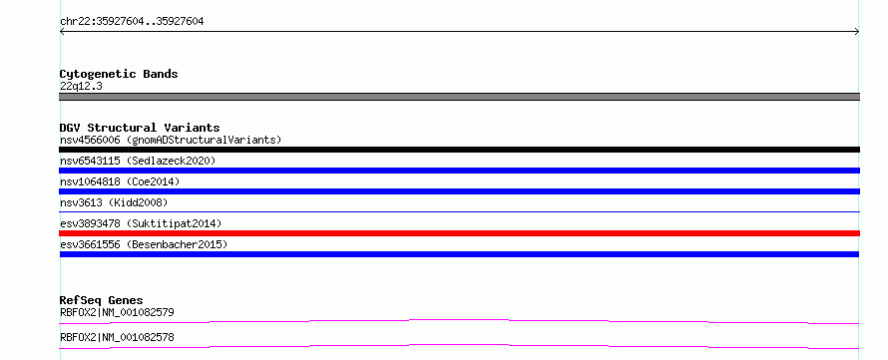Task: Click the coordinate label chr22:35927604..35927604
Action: click(x=132, y=22)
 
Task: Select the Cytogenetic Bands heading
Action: click(x=119, y=74)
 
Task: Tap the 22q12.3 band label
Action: click(x=81, y=87)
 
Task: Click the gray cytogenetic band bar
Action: click(x=459, y=97)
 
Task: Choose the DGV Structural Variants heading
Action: click(x=140, y=128)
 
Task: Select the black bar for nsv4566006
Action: click(x=459, y=150)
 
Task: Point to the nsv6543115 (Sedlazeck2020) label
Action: click(x=138, y=161)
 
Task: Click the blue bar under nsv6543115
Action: click(x=459, y=171)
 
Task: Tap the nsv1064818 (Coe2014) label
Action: click(x=120, y=181)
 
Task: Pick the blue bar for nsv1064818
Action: click(x=459, y=191)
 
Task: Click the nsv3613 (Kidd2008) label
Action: click(x=114, y=202)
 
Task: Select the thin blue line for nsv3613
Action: click(x=459, y=211)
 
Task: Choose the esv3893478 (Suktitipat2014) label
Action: click(x=141, y=223)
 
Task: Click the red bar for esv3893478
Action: click(x=459, y=233)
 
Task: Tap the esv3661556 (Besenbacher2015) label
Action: click(x=144, y=244)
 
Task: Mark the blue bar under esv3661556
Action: click(x=459, y=254)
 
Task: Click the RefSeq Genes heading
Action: click(x=102, y=300)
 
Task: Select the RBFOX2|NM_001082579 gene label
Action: click(x=117, y=312)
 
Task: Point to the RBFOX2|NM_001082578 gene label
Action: click(x=117, y=337)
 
